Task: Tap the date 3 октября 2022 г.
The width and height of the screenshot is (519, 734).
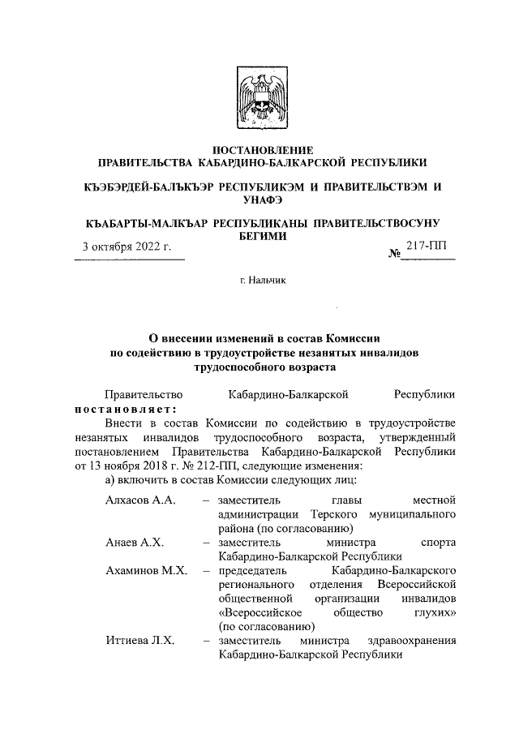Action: click(126, 247)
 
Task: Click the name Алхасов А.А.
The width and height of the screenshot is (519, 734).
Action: click(140, 500)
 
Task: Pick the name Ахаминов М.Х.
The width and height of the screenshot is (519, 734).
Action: click(146, 570)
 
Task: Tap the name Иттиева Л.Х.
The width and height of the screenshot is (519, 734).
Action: click(140, 641)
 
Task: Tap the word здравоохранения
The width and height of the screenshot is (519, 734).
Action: click(414, 641)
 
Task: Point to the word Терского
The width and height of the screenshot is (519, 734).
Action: click(339, 514)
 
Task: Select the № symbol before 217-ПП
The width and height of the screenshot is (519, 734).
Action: click(396, 254)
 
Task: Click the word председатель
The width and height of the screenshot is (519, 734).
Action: click(254, 570)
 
